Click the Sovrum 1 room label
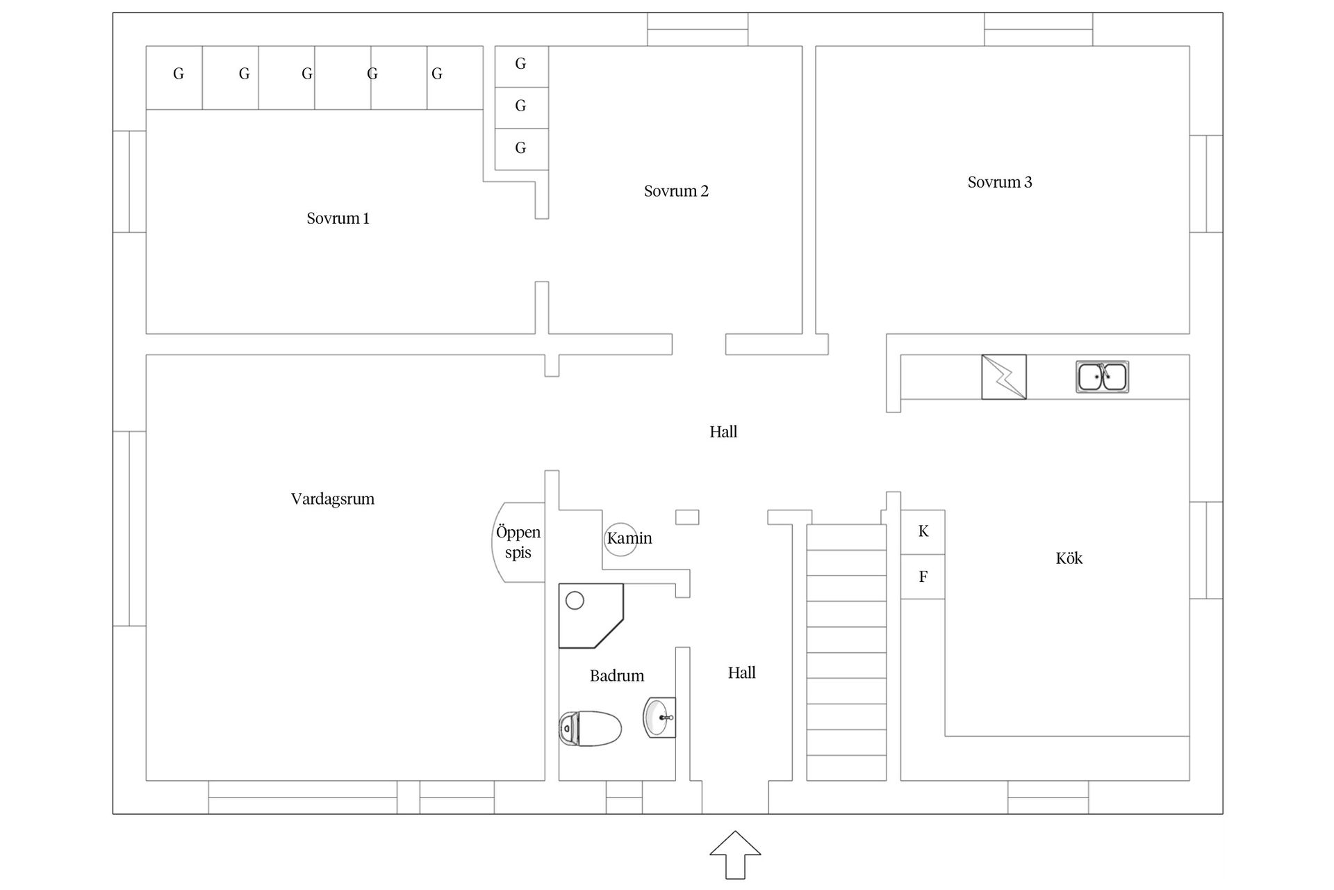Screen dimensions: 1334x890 338,218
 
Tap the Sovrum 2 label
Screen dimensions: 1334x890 676,191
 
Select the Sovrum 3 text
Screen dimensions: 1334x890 1000,182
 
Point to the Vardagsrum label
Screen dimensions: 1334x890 333,499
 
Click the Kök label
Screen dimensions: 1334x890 1069,558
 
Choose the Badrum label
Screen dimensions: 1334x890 617,676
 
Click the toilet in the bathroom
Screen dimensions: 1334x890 590,728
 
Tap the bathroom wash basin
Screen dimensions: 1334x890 659,717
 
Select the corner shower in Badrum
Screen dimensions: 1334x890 591,616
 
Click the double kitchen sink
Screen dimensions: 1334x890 1102,377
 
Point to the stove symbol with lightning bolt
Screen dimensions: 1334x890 1004,377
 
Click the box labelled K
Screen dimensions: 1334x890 923,532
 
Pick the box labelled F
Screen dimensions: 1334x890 923,576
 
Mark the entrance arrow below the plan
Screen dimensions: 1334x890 735,855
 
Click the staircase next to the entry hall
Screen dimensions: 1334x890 846,652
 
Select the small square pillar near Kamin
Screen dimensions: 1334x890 687,517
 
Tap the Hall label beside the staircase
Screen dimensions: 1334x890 742,673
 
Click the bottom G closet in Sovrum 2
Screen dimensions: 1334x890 522,148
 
